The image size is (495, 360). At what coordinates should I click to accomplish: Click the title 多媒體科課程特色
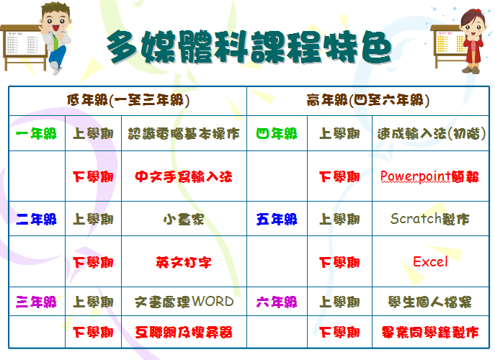tap(249, 47)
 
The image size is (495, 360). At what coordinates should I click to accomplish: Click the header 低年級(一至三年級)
tap(128, 101)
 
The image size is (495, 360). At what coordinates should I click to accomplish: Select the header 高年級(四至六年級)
tap(367, 101)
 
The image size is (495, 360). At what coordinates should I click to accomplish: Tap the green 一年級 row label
tap(36, 134)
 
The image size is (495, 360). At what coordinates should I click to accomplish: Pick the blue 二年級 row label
tap(36, 220)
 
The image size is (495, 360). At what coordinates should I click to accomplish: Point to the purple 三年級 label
tap(36, 302)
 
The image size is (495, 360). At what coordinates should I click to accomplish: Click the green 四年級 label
tap(277, 134)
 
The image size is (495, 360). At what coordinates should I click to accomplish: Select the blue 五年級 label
tap(277, 220)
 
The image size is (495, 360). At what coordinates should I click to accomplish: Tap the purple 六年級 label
tap(277, 302)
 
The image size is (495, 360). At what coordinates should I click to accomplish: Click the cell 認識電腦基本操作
tap(184, 134)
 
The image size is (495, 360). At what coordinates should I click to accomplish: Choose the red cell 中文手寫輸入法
tap(184, 176)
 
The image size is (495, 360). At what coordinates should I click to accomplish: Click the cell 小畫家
tap(184, 220)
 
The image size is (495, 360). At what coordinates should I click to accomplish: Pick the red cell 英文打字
tap(184, 262)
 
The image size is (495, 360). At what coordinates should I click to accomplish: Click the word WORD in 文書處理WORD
tap(213, 302)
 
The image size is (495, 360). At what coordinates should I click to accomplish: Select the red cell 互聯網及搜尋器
tap(184, 332)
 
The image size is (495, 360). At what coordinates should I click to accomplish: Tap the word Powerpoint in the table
tap(416, 176)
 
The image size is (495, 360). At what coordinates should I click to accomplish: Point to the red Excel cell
tap(430, 261)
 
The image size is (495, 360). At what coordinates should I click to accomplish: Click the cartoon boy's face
tap(56, 23)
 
